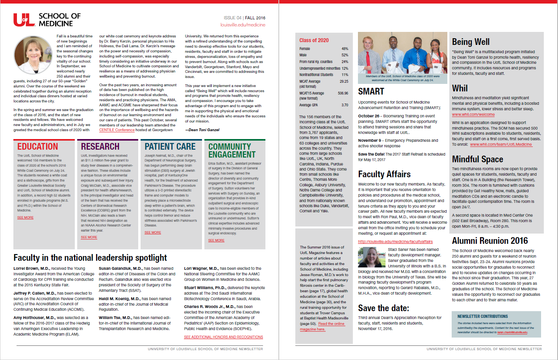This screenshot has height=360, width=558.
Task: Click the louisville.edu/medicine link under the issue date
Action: click(243, 25)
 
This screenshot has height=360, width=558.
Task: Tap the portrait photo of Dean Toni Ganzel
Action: click(33, 56)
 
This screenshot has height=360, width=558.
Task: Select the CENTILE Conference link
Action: click(117, 130)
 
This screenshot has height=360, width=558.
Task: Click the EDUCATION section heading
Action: click(37, 147)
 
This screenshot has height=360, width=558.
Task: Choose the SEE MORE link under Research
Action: click(89, 237)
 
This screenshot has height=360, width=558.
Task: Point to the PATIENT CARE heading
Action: click(170, 147)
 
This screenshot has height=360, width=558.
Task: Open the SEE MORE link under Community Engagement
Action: click(216, 240)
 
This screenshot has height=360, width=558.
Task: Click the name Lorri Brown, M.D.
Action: click(32, 269)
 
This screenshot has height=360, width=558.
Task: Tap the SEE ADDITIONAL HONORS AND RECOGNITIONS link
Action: click(223, 337)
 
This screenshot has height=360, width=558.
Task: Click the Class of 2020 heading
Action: click(314, 40)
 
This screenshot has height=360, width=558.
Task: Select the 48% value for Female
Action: click(345, 49)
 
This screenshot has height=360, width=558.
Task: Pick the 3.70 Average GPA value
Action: click(345, 105)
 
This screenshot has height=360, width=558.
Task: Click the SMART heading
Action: click(371, 91)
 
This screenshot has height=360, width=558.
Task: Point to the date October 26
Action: click(369, 116)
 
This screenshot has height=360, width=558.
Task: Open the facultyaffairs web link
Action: click(395, 241)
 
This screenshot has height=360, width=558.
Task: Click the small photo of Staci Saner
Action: click(371, 257)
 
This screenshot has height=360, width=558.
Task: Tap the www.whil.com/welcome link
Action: click(473, 115)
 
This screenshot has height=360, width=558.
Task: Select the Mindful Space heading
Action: click(477, 159)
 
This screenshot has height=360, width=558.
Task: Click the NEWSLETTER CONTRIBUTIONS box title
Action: click(482, 316)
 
